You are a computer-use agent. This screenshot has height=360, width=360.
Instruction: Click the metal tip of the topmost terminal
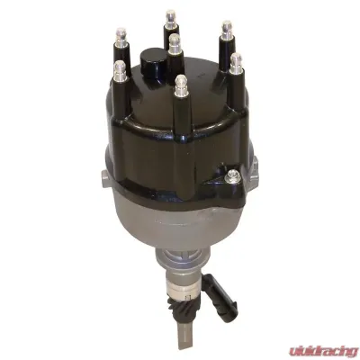pos(170,18)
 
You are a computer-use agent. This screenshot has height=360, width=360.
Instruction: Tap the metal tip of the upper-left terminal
pos(121,35)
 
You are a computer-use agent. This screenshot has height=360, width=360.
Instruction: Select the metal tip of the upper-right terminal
pos(227,29)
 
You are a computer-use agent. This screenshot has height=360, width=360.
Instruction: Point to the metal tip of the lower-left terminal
pos(121,68)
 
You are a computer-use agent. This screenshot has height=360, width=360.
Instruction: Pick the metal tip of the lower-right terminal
pos(237,63)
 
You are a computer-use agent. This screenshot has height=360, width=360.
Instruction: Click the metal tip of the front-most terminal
pos(181,85)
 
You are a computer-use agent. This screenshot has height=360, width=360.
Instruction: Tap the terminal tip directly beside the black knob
pos(175,44)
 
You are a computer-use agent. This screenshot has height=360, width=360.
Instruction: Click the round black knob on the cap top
pos(153,60)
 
